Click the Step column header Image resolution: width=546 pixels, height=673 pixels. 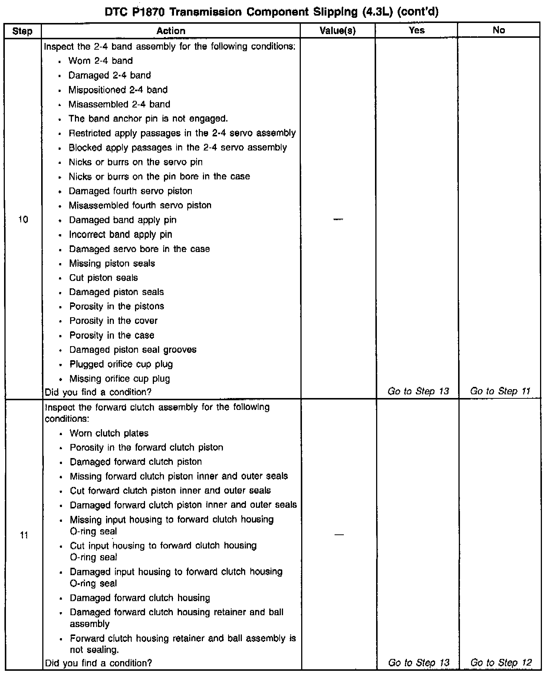(22, 31)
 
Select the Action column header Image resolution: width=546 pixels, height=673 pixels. (171, 31)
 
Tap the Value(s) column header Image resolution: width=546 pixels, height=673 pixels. (338, 31)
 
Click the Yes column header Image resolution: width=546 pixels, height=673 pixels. (417, 30)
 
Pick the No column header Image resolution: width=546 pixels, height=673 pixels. (499, 30)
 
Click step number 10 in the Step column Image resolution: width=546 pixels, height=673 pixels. (23, 220)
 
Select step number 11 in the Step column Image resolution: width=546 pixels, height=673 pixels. (24, 535)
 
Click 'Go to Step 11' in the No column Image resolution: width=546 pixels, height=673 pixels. (500, 391)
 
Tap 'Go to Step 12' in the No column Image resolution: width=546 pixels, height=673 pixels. (501, 663)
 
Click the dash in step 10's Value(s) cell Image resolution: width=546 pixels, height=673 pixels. (338, 220)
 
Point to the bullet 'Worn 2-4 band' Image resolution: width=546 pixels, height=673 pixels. (101, 61)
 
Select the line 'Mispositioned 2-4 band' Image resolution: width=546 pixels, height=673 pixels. (118, 90)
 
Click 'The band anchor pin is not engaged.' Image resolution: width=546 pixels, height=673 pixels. (148, 119)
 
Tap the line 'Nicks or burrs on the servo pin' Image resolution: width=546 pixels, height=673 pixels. (136, 162)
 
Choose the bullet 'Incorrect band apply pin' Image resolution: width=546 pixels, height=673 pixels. (121, 235)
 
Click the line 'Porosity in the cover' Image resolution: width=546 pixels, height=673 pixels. (114, 321)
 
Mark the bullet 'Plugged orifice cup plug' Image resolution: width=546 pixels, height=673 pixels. (121, 364)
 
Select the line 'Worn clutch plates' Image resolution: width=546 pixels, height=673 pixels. (109, 433)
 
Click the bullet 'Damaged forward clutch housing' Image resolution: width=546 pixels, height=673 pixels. (140, 598)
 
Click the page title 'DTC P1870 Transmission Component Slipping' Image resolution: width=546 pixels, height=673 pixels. (272, 12)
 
